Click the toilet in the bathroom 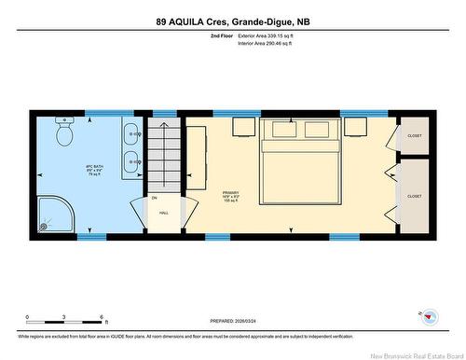tap(64, 133)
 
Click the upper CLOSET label tap(415, 136)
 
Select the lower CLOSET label tap(415, 197)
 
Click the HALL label tap(163, 213)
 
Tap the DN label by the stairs tap(155, 198)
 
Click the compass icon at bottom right tap(430, 314)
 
